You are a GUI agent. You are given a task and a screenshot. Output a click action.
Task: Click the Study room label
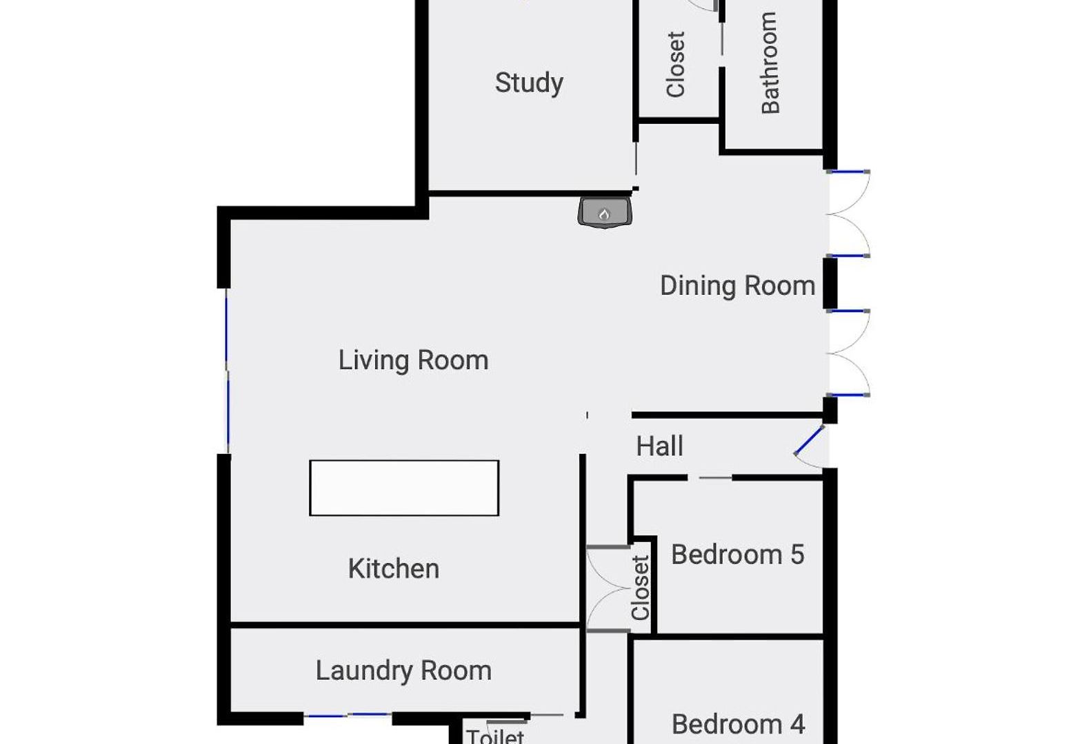pyautogui.click(x=529, y=83)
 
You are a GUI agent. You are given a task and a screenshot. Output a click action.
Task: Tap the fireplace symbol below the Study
pyautogui.click(x=605, y=212)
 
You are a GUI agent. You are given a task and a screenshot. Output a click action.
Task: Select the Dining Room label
pyautogui.click(x=738, y=286)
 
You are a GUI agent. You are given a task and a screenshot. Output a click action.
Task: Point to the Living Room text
pyautogui.click(x=414, y=361)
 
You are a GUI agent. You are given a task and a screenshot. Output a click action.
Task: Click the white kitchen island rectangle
pyautogui.click(x=404, y=488)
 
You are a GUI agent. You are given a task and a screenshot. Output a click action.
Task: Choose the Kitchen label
pyautogui.click(x=394, y=569)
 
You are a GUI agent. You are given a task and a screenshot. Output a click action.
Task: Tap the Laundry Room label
pyautogui.click(x=404, y=672)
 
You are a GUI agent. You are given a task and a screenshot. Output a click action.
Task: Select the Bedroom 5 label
pyautogui.click(x=738, y=555)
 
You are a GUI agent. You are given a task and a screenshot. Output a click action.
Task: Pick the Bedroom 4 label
pyautogui.click(x=738, y=724)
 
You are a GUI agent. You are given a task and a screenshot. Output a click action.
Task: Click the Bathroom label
pyautogui.click(x=770, y=63)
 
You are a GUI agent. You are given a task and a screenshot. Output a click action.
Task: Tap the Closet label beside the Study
pyautogui.click(x=675, y=65)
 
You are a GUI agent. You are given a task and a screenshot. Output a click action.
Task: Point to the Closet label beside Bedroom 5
pyautogui.click(x=641, y=588)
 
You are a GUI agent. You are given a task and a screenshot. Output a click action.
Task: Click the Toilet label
pyautogui.click(x=495, y=736)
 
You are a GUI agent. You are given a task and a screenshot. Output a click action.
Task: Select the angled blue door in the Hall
pyautogui.click(x=809, y=440)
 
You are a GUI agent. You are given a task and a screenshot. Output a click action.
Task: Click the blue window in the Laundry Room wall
pyautogui.click(x=349, y=715)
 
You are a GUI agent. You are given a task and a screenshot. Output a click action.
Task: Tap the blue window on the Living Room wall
pyautogui.click(x=227, y=371)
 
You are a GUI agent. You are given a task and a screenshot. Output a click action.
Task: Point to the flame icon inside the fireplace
pyautogui.click(x=604, y=214)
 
